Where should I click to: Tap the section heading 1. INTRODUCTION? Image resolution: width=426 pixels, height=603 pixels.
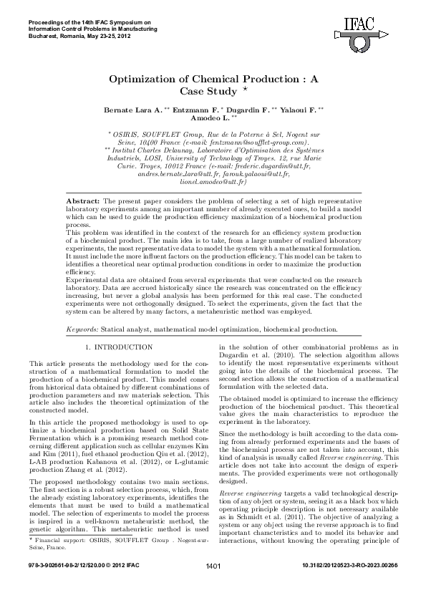119,347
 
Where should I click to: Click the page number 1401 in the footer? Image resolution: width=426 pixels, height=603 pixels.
213,587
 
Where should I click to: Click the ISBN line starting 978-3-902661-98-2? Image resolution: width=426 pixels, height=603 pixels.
80,587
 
